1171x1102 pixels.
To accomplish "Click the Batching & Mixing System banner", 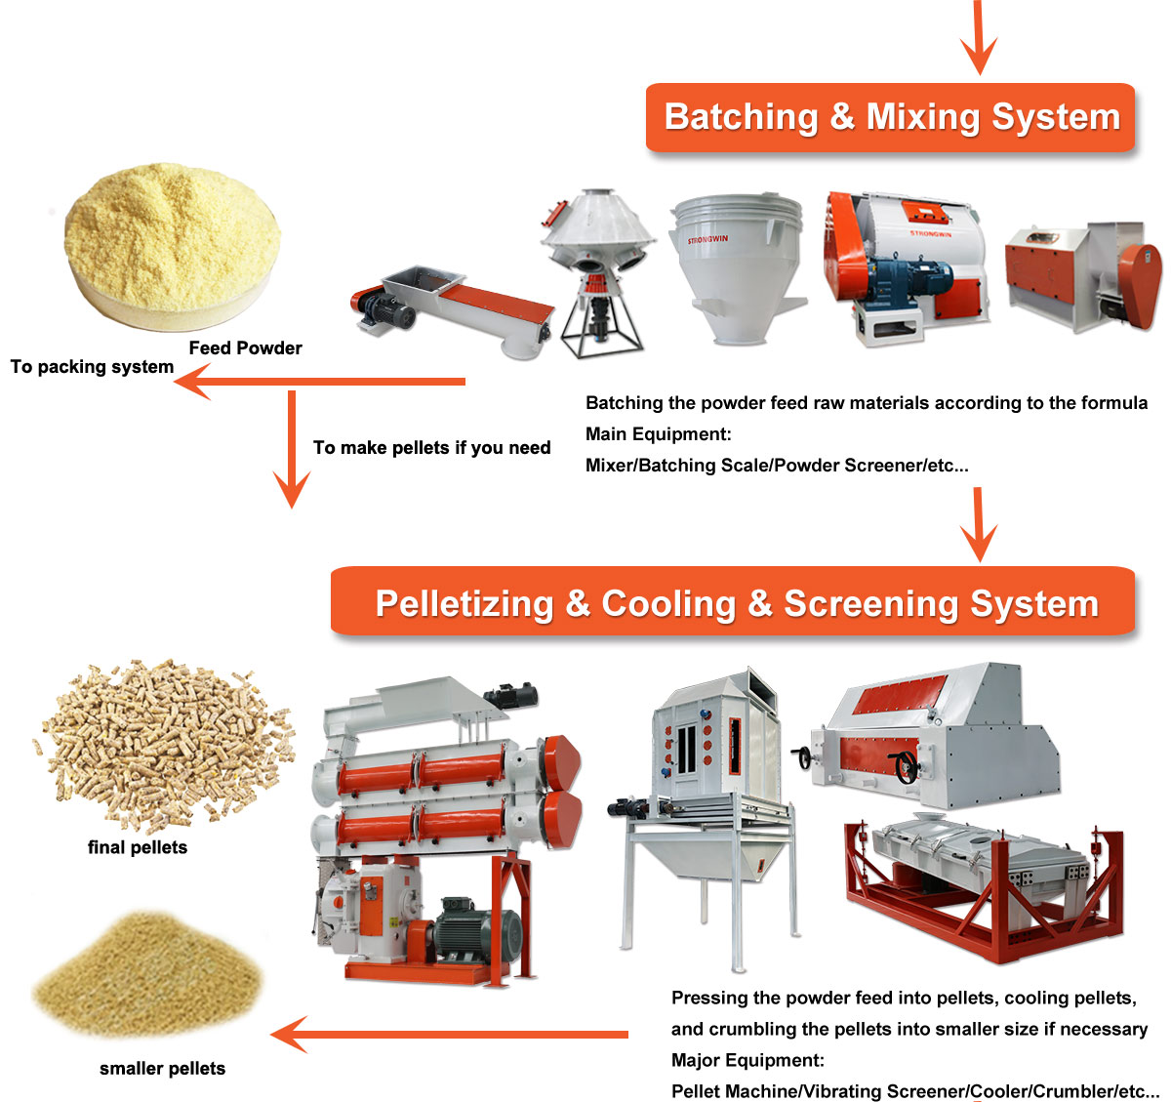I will pos(890,117).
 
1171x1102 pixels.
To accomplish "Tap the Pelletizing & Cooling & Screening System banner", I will pos(734,603).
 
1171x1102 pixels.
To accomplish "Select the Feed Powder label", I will pos(245,348).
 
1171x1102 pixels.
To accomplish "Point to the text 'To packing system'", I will pos(92,367).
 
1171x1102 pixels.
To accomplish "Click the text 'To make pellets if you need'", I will pos(431,448).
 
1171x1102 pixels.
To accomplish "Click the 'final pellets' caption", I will pos(138,847).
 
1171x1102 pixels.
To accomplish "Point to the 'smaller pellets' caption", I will pos(162,1069).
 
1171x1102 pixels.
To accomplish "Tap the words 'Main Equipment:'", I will pos(658,434).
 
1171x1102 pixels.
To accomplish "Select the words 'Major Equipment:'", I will pos(747,1061).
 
